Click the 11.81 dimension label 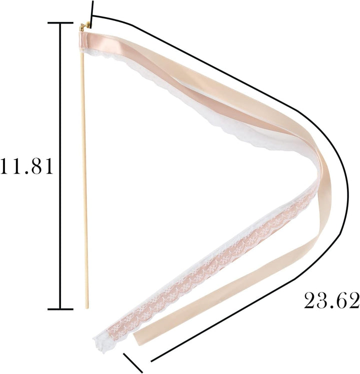[26, 166]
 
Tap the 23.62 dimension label [332, 300]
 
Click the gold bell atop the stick [84, 26]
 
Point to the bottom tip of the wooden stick [86, 308]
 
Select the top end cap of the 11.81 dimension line [60, 23]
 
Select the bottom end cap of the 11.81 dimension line [60, 309]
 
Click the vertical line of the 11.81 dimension [60, 166]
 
